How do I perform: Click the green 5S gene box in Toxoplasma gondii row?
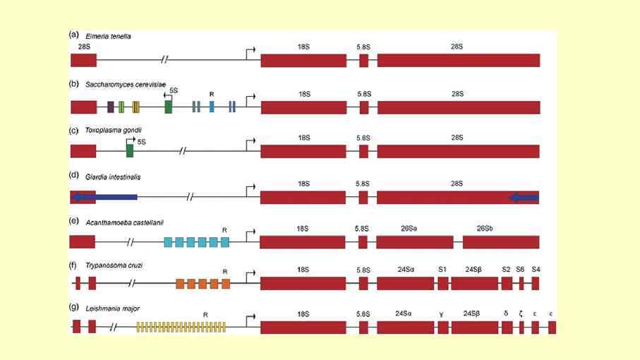(130, 151)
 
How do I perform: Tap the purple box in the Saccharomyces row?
(110, 107)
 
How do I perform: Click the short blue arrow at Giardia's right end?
(524, 198)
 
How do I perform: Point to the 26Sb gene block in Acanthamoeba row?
(501, 241)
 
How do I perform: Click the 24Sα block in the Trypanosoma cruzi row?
(405, 284)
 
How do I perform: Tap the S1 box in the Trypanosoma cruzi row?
(442, 284)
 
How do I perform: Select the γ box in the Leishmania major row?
(442, 327)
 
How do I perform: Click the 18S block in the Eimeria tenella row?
(303, 60)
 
